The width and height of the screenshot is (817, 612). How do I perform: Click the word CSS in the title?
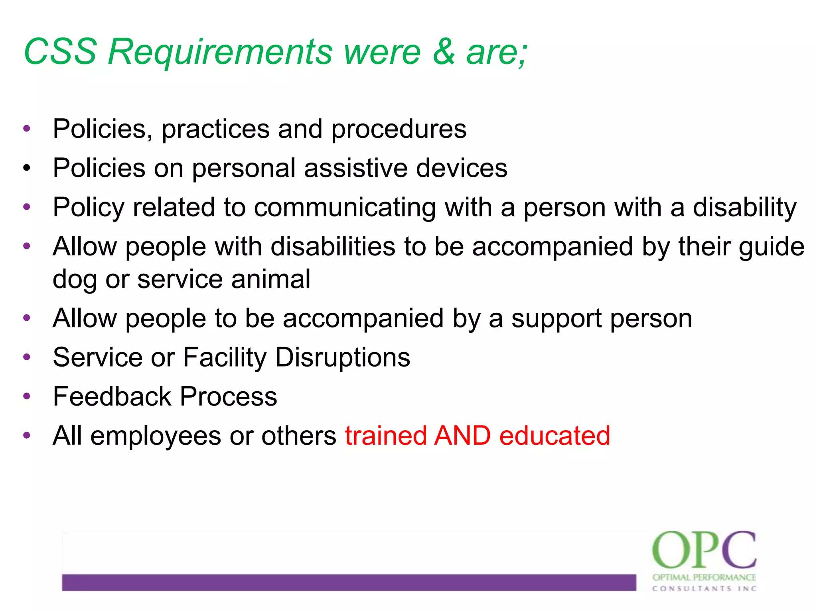pyautogui.click(x=60, y=51)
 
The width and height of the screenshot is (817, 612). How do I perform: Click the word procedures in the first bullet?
pyautogui.click(x=399, y=129)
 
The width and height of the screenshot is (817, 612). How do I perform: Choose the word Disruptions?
pyautogui.click(x=343, y=357)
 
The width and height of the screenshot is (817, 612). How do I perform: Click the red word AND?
pyautogui.click(x=462, y=435)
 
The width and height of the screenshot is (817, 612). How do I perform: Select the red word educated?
pyautogui.click(x=555, y=435)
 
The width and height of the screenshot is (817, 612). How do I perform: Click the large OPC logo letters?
pyautogui.click(x=704, y=550)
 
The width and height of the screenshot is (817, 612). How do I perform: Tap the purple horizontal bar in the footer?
pyautogui.click(x=349, y=582)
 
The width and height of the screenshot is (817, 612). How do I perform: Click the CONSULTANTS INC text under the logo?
pyautogui.click(x=704, y=588)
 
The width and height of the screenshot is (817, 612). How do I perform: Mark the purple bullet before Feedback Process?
pyautogui.click(x=27, y=396)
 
